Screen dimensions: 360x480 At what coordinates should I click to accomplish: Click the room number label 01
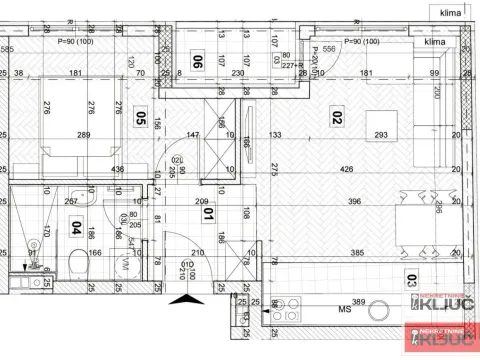(x=208, y=212)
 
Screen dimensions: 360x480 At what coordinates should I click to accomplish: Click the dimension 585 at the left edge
(x=7, y=49)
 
